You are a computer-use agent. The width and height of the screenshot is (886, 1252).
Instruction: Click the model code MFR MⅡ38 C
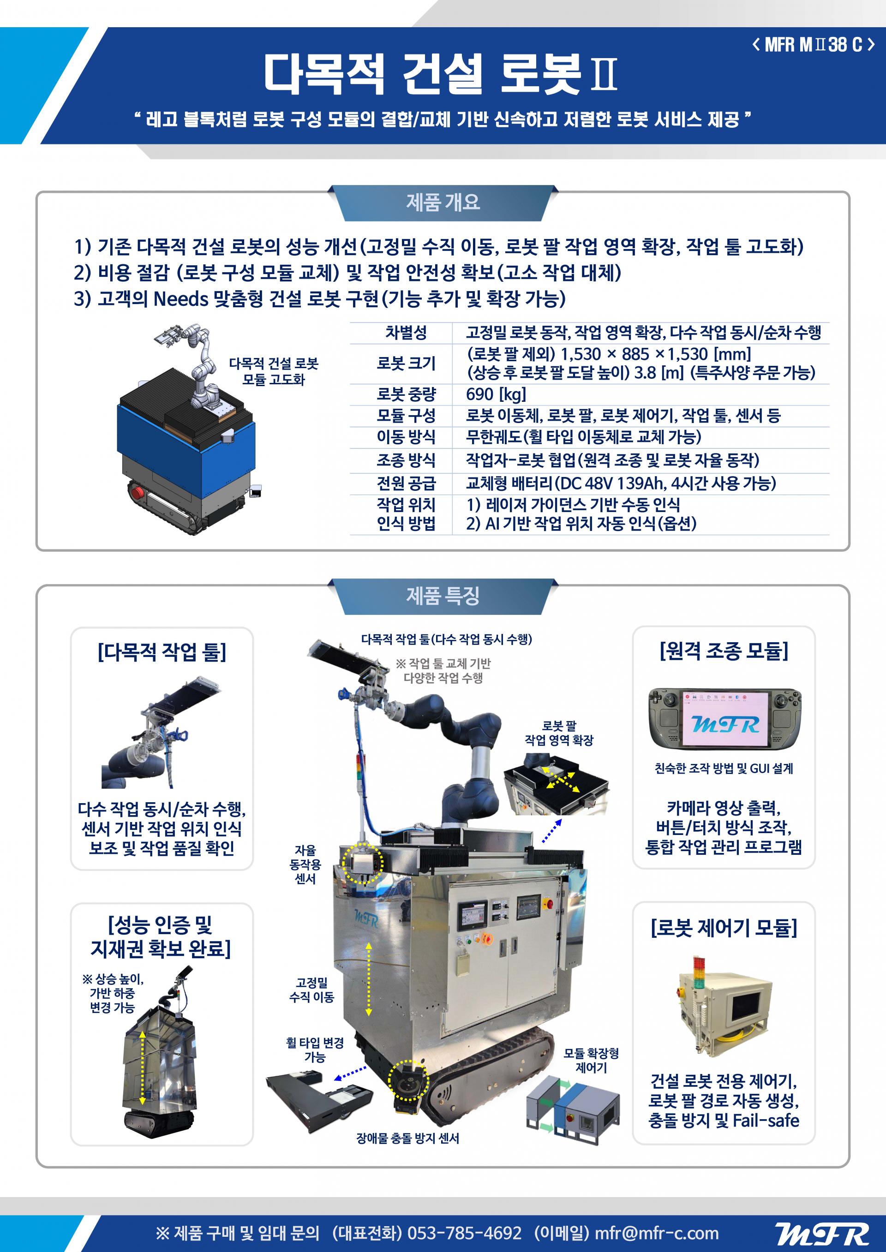814,45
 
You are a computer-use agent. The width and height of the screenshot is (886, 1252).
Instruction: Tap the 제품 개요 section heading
443,203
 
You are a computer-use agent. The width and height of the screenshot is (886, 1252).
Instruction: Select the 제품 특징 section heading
443,596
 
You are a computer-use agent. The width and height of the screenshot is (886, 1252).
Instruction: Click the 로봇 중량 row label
406,393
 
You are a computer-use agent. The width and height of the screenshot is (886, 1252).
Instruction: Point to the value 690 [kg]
496,393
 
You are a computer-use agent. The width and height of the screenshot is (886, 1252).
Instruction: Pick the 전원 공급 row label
406,483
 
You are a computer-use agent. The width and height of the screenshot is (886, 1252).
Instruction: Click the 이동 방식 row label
406,437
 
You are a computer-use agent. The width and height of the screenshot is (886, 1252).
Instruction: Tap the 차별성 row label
406,332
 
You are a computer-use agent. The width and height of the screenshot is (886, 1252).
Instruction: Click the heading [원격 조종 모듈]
724,650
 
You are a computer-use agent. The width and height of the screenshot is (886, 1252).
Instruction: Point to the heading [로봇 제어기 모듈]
724,926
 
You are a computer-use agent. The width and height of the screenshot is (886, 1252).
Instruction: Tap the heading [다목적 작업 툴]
162,652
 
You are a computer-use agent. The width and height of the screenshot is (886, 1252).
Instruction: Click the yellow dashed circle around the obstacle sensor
408,1080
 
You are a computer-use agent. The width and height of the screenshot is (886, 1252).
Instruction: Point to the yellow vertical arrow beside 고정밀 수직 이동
369,979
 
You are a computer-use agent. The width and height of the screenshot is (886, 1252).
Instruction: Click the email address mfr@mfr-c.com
656,1233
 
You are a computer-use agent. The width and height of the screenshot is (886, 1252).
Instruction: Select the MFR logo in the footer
822,1234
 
